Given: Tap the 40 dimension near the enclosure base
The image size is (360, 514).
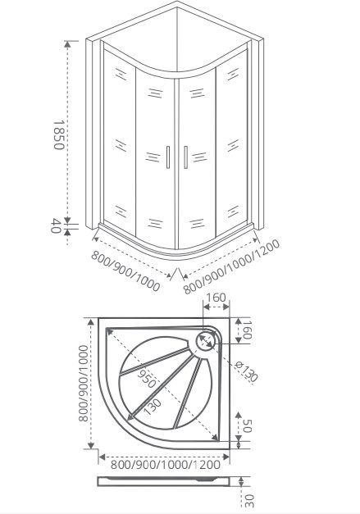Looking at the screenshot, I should coord(56,226).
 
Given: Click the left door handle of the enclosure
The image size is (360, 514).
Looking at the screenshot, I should coord(168,157).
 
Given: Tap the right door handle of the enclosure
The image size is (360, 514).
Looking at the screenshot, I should coord(187,157).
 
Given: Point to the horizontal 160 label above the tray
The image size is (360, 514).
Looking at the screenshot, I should coord(216,298).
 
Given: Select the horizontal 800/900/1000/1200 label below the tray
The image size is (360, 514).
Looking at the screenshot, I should coord(164,464).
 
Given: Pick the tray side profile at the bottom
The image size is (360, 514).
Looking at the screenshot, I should coord(164,480).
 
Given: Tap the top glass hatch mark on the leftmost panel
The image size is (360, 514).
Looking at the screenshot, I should coord(120,73).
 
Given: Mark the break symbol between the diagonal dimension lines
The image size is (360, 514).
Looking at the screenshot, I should coord(175,273).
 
